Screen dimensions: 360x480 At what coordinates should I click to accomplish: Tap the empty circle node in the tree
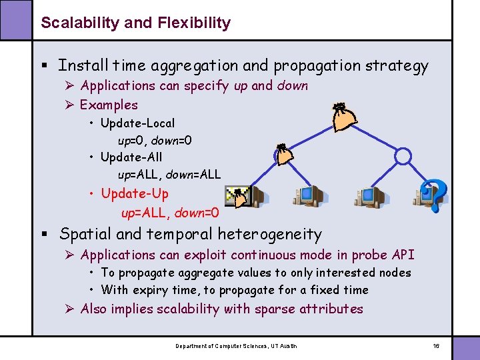(403, 156)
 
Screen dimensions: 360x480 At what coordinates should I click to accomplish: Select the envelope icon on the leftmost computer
(237, 195)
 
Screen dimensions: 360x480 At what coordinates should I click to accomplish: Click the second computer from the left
(308, 195)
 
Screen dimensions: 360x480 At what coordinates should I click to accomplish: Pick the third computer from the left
(370, 196)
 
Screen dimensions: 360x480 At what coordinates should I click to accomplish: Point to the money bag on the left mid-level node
(284, 155)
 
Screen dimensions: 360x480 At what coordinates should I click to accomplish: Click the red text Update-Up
(135, 193)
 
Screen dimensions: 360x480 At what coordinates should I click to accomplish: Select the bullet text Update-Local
(137, 123)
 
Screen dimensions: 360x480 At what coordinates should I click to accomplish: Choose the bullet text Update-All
(131, 158)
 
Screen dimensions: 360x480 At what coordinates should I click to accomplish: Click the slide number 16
(436, 346)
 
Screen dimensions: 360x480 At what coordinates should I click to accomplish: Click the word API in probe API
(403, 255)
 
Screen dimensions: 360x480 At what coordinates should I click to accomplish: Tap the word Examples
(109, 105)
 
